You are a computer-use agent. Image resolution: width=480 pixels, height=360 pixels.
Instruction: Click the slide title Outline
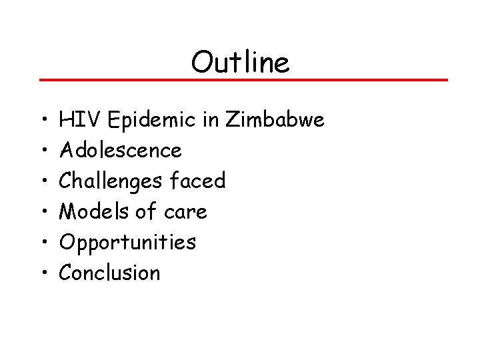pos(240,63)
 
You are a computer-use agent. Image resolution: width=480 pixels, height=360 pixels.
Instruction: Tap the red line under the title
pos(243,80)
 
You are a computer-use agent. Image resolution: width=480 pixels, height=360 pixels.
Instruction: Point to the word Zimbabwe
pos(275,120)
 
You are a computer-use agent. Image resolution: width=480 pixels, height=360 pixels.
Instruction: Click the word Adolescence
pos(120,151)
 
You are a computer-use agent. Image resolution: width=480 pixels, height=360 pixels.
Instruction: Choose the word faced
pos(198,181)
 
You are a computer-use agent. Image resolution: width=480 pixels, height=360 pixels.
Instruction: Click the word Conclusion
pos(110,273)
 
